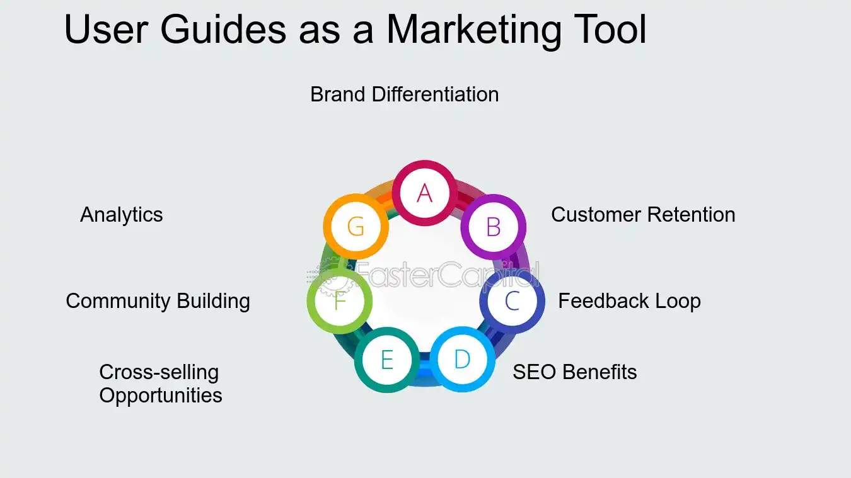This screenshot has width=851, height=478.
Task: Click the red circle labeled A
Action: (424, 193)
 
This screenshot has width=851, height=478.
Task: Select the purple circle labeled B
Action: (494, 227)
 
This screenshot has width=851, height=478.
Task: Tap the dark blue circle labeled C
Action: (512, 302)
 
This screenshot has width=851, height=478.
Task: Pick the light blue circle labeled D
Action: (462, 359)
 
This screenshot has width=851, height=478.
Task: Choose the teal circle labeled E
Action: (386, 360)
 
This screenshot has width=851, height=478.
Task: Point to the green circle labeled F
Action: (340, 301)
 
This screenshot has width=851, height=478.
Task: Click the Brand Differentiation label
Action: (405, 94)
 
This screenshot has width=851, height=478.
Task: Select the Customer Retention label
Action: (643, 215)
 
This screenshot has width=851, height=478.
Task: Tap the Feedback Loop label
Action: (629, 301)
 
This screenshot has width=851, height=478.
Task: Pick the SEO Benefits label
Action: (574, 372)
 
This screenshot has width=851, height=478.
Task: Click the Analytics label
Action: (122, 215)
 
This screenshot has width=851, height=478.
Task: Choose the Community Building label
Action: (158, 301)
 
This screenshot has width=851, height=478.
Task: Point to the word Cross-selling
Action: (159, 372)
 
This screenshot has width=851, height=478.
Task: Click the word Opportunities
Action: (161, 395)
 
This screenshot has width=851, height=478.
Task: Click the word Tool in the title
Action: (610, 29)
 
